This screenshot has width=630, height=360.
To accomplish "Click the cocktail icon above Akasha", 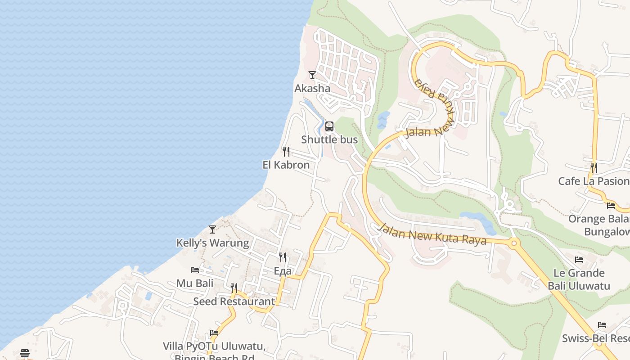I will [312, 75].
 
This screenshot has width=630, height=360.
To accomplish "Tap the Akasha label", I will [312, 88].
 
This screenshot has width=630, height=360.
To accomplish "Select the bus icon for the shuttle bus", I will [329, 126].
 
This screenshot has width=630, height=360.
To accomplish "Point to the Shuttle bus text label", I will [329, 139].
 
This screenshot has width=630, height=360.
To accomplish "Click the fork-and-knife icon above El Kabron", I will [286, 151].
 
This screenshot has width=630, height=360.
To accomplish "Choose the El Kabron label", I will [286, 165].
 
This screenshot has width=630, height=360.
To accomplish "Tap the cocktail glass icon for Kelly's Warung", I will [212, 229].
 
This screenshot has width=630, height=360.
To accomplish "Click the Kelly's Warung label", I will [212, 243].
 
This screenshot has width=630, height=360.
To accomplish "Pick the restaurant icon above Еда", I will [283, 257].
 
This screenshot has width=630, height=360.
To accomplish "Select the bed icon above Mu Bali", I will [195, 270].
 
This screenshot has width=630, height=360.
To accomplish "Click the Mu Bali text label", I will [195, 283].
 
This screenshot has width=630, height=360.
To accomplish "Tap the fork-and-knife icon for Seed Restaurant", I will [234, 288].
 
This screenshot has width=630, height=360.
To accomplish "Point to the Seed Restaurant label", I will [234, 301].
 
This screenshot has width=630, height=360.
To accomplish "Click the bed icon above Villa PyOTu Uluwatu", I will [214, 333].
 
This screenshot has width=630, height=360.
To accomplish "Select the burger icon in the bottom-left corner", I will [25, 353].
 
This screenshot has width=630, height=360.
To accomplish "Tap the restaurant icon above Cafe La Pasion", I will [594, 168].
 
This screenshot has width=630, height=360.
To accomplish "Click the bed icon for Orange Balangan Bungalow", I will [611, 206].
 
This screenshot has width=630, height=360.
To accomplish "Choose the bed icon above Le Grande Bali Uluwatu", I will [579, 260].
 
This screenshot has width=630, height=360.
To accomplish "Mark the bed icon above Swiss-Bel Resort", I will [602, 325].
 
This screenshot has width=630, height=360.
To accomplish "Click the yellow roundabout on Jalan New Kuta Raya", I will [514, 243].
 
